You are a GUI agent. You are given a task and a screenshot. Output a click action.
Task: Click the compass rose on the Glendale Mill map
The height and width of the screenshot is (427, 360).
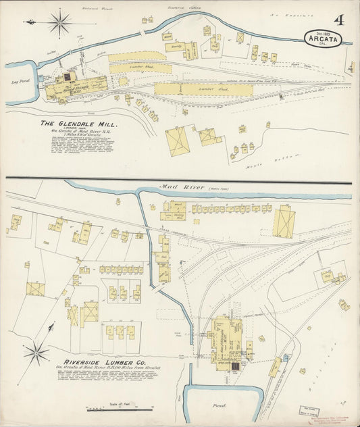pyautogui.click(x=59, y=23)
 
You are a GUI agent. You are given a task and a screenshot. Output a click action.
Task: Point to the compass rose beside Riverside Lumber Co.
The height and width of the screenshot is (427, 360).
pyautogui.click(x=36, y=352)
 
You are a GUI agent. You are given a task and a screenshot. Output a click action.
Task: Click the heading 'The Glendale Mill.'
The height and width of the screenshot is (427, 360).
pyautogui.click(x=78, y=124)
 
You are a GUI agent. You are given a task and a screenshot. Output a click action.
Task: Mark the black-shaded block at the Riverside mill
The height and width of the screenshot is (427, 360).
pyautogui.click(x=234, y=366)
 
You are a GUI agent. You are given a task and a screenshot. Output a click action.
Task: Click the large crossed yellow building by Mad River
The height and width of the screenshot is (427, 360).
pyautogui.click(x=283, y=223)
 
